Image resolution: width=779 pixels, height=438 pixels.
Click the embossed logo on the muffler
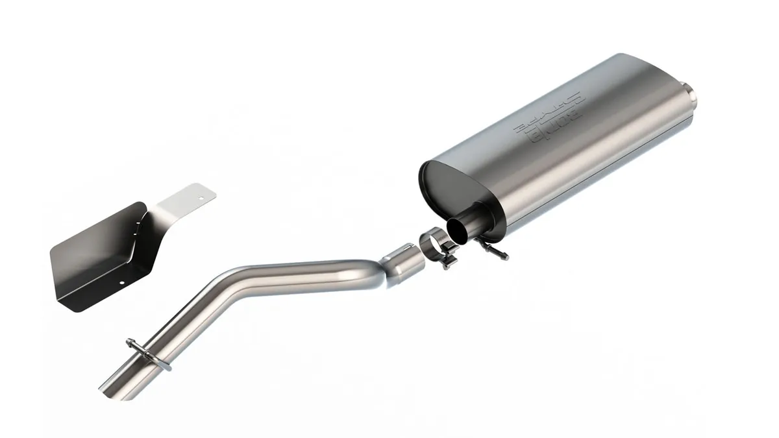[x=549, y=117]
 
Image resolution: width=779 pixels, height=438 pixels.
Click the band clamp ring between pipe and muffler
[x=434, y=244]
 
